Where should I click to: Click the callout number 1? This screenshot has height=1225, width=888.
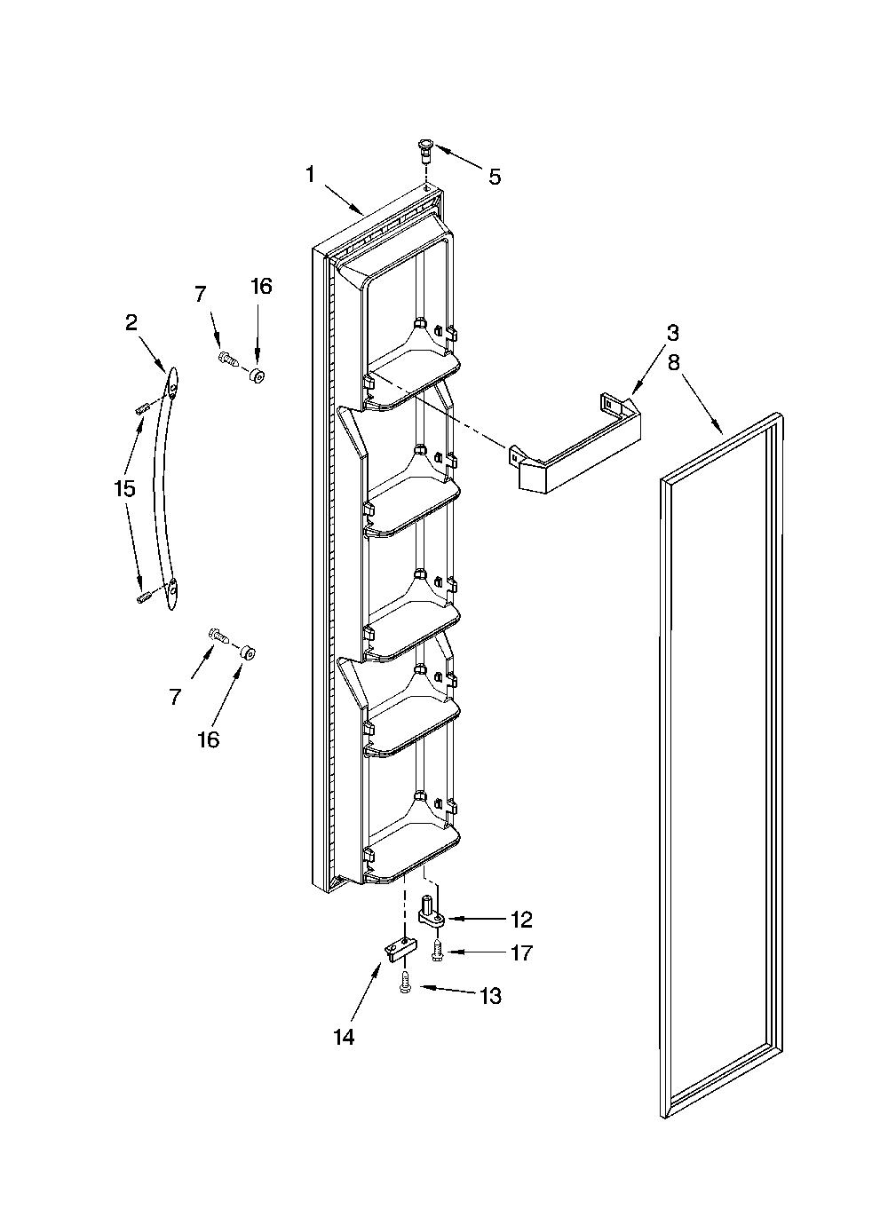[310, 175]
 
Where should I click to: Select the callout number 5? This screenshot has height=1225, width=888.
[494, 177]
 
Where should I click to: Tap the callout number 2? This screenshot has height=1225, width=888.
[131, 322]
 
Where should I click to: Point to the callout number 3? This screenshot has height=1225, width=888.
[672, 333]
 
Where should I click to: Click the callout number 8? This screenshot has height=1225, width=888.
[672, 362]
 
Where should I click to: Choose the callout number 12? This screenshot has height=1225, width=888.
[521, 920]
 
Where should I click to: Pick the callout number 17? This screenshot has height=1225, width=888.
[521, 952]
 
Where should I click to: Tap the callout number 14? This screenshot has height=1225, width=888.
[345, 1037]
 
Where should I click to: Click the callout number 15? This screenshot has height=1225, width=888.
[124, 488]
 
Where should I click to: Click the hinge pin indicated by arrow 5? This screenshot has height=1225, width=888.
[424, 150]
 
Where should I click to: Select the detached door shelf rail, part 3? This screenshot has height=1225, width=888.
[575, 441]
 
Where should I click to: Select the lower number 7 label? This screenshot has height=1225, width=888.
[175, 697]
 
